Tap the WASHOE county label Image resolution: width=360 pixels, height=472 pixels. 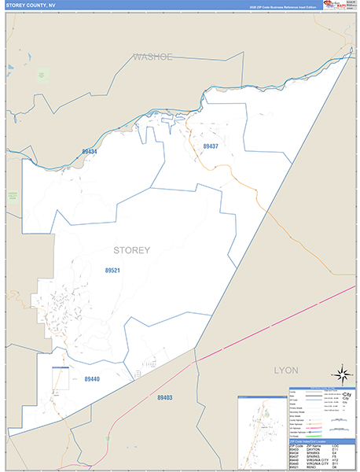click(x=152, y=57)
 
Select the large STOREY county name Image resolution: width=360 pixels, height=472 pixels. click(x=132, y=250)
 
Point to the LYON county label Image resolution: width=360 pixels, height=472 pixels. click(x=288, y=369)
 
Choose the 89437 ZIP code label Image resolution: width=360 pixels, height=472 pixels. click(x=211, y=146)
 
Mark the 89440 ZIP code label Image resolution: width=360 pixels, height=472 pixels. click(x=92, y=379)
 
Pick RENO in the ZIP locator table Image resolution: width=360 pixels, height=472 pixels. click(x=314, y=467)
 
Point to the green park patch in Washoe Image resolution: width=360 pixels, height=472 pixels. click(x=42, y=76)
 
